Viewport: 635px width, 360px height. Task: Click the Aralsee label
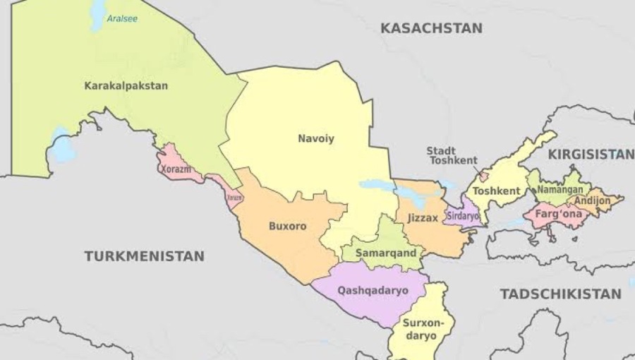tap(121, 18)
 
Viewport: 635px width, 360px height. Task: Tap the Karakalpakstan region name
tap(126, 86)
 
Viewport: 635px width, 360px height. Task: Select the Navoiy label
tap(315, 138)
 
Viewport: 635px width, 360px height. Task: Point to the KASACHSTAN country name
tap(431, 28)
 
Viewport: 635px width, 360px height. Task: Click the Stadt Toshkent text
tap(452, 155)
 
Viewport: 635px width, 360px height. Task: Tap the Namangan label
tap(560, 190)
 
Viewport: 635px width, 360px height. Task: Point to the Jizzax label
tap(423, 218)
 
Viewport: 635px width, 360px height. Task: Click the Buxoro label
tap(287, 227)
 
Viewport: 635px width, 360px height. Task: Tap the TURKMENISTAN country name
tap(144, 256)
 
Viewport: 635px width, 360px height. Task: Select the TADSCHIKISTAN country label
tap(560, 294)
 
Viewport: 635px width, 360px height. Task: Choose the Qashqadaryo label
tap(373, 290)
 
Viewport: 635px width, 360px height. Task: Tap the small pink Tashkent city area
tap(483, 174)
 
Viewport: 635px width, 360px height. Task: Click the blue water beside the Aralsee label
tap(97, 16)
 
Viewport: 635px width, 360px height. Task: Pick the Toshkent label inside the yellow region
tap(496, 191)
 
